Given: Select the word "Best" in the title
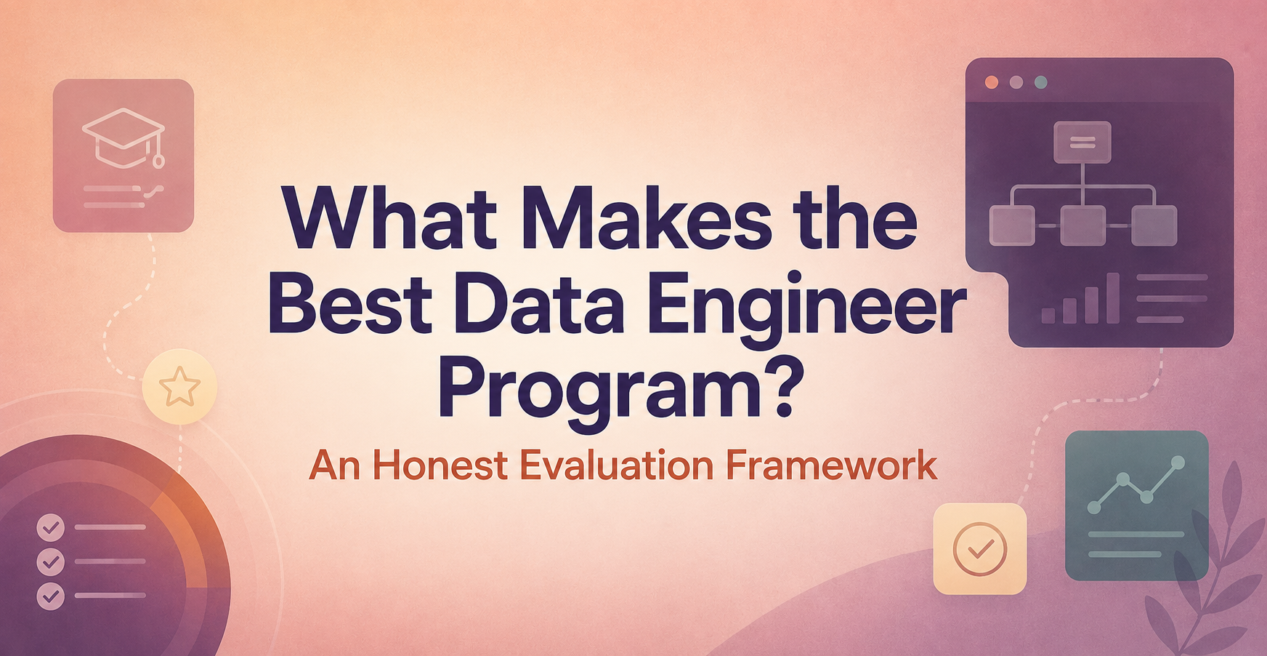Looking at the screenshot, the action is [351, 304].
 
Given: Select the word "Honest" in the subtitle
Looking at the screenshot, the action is [440, 465].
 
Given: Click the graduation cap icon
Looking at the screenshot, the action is [124, 138].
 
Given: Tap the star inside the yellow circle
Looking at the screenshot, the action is [179, 386].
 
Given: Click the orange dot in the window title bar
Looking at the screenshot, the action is [991, 82].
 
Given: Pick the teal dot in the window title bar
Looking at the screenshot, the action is [1040, 82].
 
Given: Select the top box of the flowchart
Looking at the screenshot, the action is [1082, 142].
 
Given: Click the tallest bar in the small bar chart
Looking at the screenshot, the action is [1112, 297].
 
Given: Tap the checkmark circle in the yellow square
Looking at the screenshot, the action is [979, 549].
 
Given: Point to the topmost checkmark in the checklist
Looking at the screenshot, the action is [51, 527].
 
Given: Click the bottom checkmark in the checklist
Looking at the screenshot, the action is [51, 596].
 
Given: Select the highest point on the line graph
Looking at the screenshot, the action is [1178, 462].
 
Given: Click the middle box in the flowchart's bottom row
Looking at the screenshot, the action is [1082, 225].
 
